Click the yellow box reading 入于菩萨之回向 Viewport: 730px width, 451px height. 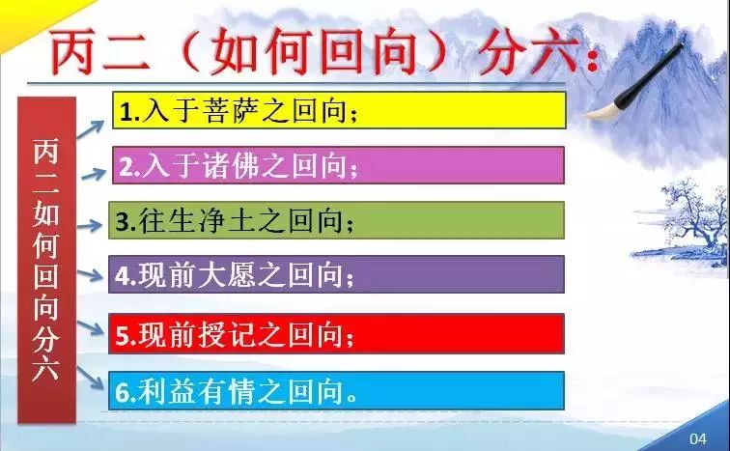click(339, 110)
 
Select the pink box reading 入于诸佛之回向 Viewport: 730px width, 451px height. click(339, 165)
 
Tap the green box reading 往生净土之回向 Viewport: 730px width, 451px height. click(337, 220)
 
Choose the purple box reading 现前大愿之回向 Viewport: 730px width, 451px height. click(337, 274)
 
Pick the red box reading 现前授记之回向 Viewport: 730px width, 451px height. click(337, 334)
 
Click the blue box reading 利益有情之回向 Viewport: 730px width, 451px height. click(337, 391)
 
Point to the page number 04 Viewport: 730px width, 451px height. click(697, 438)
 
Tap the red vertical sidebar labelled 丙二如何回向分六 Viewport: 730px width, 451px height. click(46, 260)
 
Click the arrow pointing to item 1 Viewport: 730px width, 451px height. click(91, 128)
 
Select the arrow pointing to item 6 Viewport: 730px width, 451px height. click(90, 377)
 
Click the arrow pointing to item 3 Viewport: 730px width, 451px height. click(90, 226)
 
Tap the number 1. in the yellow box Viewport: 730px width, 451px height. click(130, 112)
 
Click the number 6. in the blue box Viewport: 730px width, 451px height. click(126, 393)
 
